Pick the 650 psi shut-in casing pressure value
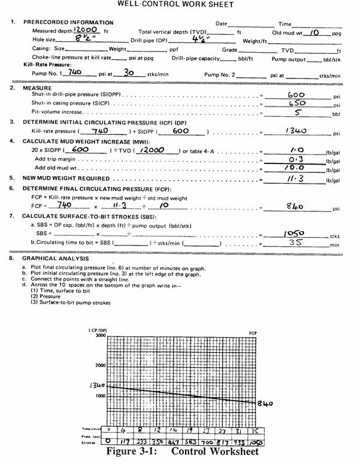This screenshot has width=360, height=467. [298, 104]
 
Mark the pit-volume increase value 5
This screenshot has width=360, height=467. [298, 113]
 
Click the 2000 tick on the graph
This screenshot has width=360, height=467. [100, 365]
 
